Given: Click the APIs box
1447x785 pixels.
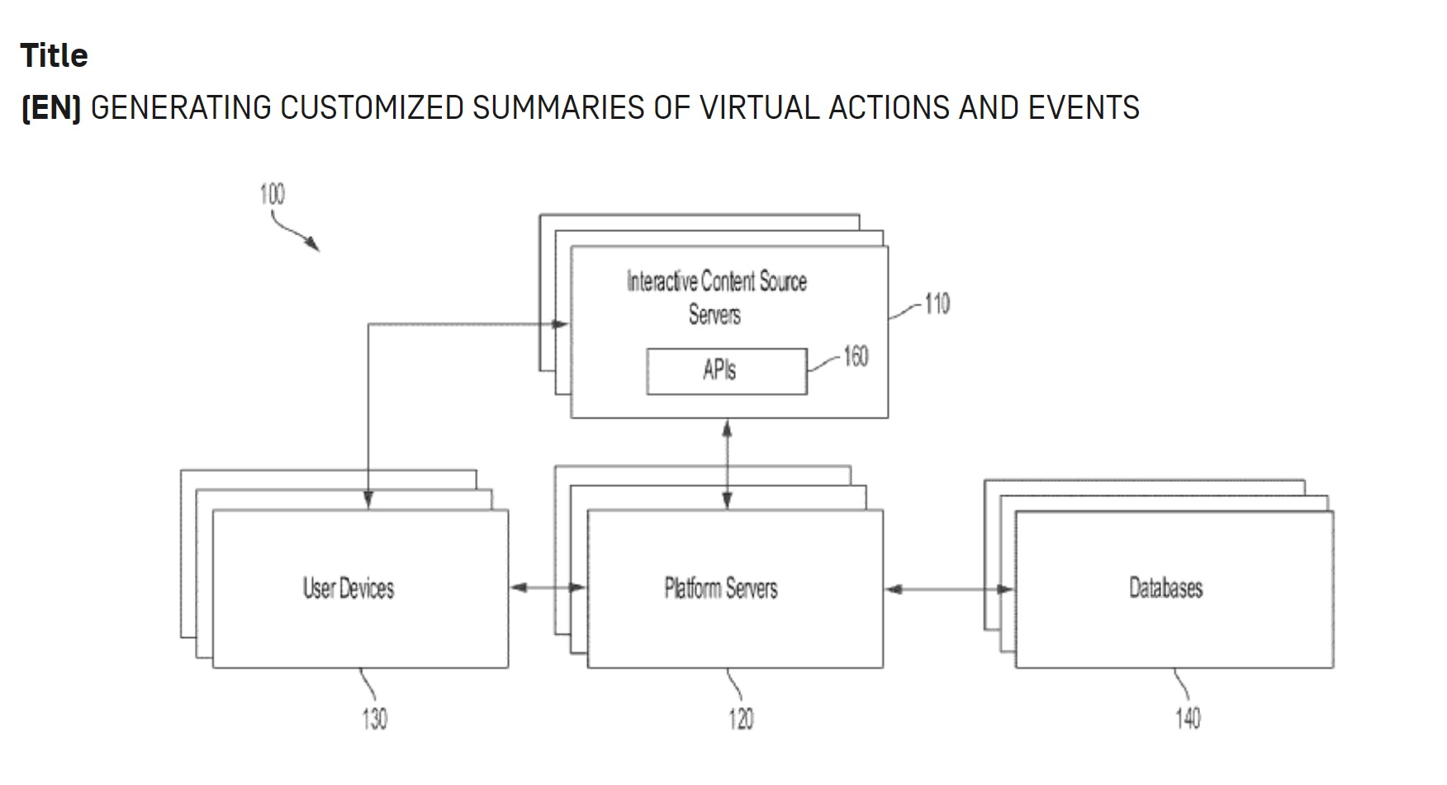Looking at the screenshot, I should point(726,371).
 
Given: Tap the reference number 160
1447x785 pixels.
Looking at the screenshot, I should point(856,356).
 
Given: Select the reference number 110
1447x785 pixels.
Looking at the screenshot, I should point(937,304).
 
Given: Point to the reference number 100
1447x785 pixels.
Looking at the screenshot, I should point(272,194).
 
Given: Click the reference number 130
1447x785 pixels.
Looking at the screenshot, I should point(374,718).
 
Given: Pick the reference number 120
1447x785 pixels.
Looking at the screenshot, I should point(741,718).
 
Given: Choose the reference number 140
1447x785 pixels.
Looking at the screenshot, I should point(1188,718).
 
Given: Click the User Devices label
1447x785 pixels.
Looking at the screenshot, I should point(349,589).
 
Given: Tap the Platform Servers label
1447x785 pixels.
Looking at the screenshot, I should point(721,589).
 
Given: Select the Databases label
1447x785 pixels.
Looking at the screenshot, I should point(1165,589).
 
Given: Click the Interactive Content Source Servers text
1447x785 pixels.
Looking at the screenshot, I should point(716,297).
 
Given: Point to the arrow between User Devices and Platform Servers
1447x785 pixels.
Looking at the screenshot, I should point(548,588).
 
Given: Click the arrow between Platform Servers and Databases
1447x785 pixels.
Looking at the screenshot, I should point(949,589).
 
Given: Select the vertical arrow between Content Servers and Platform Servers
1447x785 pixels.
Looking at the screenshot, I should point(727,464).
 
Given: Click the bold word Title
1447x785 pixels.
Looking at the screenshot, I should point(54,55).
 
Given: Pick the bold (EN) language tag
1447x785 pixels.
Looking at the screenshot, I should point(51,108).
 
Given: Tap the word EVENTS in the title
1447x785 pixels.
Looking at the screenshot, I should point(1084,108).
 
